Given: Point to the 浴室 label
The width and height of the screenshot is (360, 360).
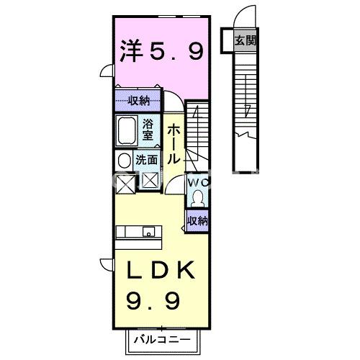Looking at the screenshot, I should point(148,129).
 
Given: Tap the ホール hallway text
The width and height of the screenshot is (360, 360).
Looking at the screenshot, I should point(174,143).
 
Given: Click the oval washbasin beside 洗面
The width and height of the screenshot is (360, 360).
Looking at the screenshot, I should point(124,161).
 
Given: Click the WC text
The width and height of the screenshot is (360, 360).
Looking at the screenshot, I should point(197,183).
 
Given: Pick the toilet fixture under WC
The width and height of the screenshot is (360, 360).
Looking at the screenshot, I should point(197,198).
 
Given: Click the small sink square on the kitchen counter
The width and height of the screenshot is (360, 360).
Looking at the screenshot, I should point(148,232).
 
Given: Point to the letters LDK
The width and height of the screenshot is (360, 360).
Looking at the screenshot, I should point(160,271).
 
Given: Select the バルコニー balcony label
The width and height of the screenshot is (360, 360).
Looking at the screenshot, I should point(159,338).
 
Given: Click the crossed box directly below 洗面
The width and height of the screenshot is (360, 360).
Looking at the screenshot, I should point(150,181).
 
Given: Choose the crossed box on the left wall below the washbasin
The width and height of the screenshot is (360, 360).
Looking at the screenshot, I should point(124,185).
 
